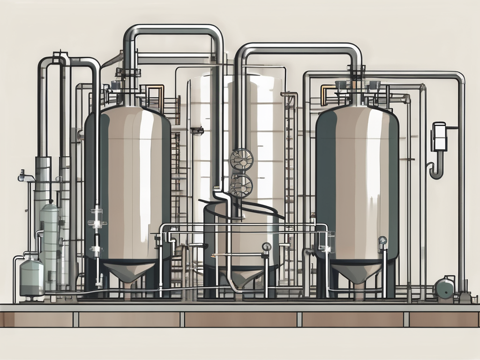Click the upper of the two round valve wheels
[x=241, y=159]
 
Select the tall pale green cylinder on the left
[x=50, y=244]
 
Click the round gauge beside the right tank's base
[x=382, y=241]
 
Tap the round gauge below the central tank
[x=267, y=247]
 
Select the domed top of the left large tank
[x=127, y=112]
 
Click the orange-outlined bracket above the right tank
[x=327, y=94]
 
